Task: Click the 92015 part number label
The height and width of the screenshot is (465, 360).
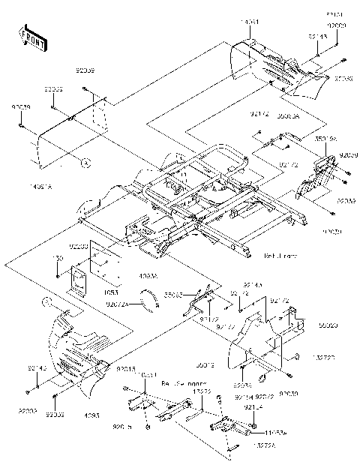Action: (x=126, y=370)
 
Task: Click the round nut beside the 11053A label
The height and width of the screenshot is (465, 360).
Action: (x=247, y=432)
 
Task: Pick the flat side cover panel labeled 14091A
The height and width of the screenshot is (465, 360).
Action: (x=67, y=135)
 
